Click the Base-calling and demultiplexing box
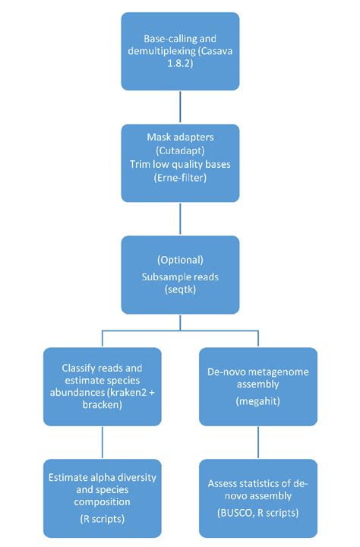179,50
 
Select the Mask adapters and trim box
179,162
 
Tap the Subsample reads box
179,274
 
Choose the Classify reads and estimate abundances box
103,386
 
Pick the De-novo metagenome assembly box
257,386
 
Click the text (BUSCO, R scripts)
257,513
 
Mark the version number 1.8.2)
179,65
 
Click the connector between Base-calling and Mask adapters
179,106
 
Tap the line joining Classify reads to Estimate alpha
103,441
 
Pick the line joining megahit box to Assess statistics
257,441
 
